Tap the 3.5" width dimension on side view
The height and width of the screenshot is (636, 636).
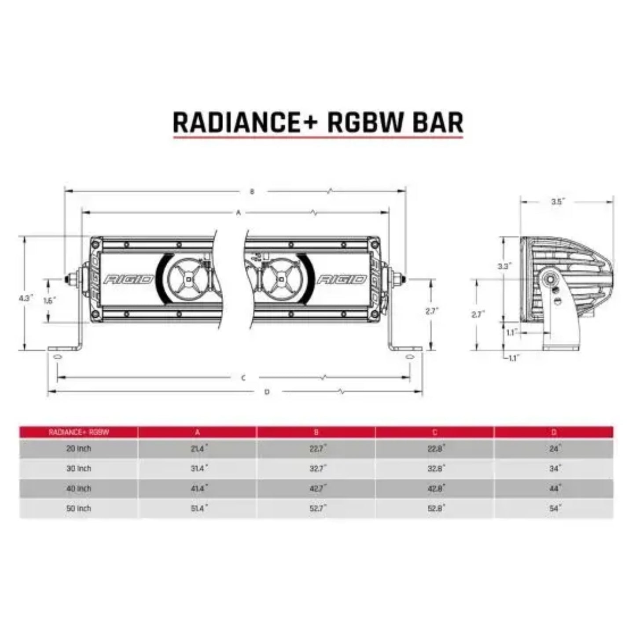pos(558,202)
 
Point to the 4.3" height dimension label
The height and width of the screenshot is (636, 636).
pos(26,298)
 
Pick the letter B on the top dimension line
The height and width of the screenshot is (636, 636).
pos(252,191)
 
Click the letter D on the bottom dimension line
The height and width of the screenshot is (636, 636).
pos(267,392)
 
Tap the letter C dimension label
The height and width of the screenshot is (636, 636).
pos(243,378)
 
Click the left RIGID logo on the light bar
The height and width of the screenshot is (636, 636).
pos(129,279)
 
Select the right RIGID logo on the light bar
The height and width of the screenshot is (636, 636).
pos(342,279)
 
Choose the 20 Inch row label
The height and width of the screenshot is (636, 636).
pos(79,449)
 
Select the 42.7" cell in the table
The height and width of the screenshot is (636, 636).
pos(316,489)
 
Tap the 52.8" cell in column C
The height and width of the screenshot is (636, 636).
pos(435,508)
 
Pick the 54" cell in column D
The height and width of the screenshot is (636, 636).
pos(554,508)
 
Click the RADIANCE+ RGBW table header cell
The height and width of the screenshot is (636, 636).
pos(79,432)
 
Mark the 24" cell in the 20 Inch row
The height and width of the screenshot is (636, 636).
pos(554,449)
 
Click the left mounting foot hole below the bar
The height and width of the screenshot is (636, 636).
pos(56,356)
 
